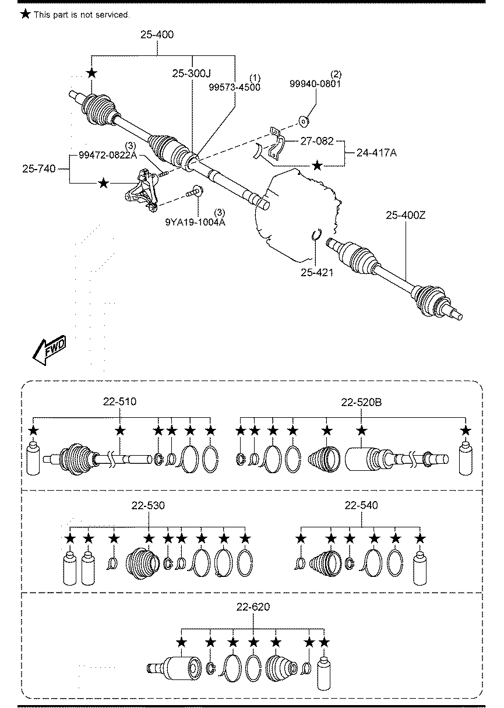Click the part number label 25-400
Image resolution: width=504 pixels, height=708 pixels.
click(x=157, y=35)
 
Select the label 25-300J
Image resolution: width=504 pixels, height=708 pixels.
click(x=191, y=73)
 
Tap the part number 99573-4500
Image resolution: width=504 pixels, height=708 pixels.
click(x=235, y=87)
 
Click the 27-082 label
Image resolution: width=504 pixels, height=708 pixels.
click(x=317, y=140)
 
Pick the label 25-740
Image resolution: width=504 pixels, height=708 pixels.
click(x=39, y=169)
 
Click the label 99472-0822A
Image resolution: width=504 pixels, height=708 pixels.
click(x=108, y=155)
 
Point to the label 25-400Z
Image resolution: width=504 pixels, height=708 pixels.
click(x=406, y=216)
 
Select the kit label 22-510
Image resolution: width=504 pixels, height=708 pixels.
click(x=119, y=402)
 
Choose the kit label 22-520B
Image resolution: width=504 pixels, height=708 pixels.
click(x=361, y=402)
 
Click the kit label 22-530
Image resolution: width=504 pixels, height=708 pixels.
click(x=149, y=505)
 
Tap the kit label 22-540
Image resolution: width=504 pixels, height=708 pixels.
click(x=361, y=505)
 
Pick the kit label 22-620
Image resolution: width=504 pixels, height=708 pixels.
click(x=253, y=607)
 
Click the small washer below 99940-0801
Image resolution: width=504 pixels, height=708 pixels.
click(x=304, y=121)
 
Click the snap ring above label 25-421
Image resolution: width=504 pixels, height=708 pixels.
click(x=316, y=234)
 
